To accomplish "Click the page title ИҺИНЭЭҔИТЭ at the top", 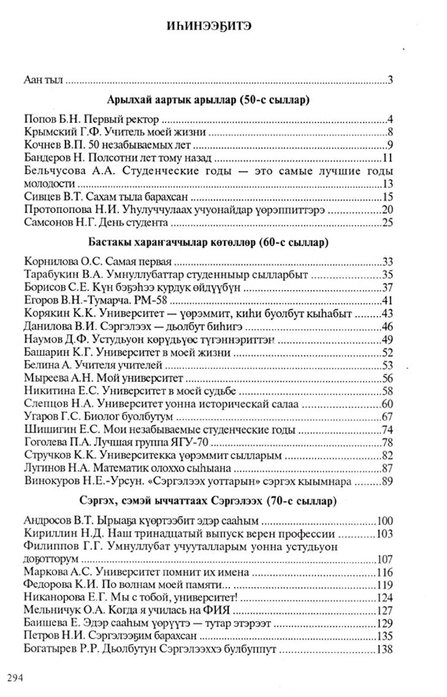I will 223,27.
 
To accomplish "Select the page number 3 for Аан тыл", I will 390,80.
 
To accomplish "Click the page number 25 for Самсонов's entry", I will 387,222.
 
